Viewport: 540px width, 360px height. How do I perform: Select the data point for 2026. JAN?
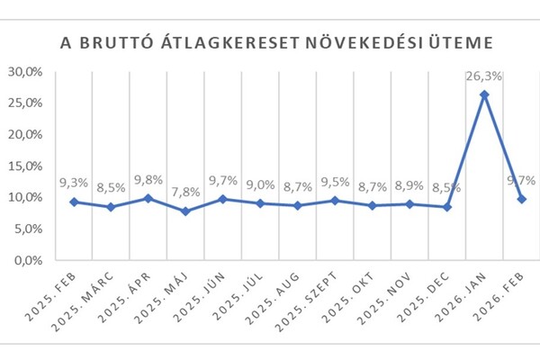pyautogui.click(x=484, y=94)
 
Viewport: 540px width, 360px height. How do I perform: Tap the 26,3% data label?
pyautogui.click(x=484, y=76)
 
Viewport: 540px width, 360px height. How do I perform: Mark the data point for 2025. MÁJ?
pyautogui.click(x=185, y=211)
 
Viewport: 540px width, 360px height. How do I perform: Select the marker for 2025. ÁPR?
pyautogui.click(x=148, y=199)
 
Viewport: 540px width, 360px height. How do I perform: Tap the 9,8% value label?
pyautogui.click(x=148, y=181)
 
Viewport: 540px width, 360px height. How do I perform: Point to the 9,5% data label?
pyautogui.click(x=335, y=183)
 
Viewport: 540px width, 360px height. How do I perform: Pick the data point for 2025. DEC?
pyautogui.click(x=446, y=207)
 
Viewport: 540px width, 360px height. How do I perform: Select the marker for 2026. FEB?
pyautogui.click(x=522, y=199)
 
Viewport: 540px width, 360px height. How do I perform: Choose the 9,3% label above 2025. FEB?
pyautogui.click(x=73, y=184)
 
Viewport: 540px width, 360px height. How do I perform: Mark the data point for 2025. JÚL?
pyautogui.click(x=260, y=203)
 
